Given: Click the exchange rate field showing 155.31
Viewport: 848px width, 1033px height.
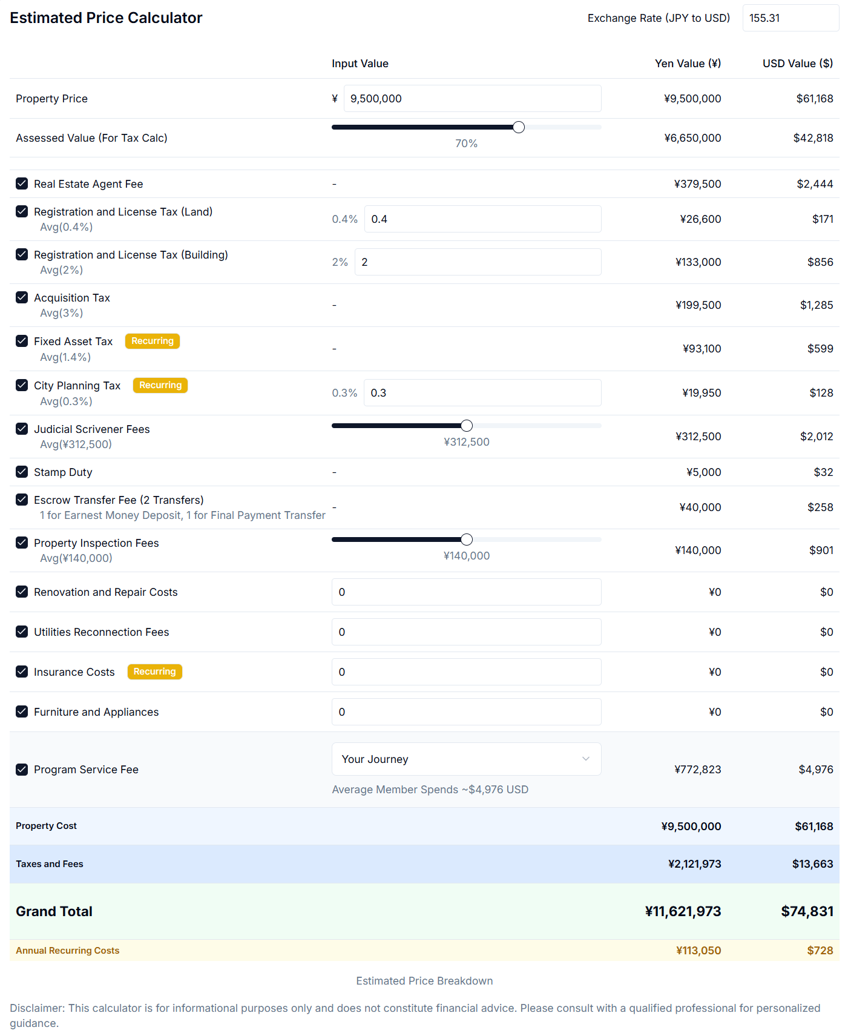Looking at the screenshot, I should pos(790,18).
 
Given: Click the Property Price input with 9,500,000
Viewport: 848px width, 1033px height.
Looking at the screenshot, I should pos(472,99).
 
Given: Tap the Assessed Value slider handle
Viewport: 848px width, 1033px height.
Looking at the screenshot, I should pos(519,127).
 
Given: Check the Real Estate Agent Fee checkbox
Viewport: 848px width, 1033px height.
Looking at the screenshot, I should pos(22,183).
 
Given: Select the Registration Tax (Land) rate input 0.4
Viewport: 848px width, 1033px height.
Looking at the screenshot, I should pos(482,219).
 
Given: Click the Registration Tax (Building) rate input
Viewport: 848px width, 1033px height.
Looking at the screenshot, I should pos(478,262).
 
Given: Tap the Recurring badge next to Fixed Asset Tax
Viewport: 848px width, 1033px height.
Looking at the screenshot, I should pos(153,341).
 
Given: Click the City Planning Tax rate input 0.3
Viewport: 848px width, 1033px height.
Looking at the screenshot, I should pos(482,393).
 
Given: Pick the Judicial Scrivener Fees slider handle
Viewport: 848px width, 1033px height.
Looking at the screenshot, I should pos(467,426).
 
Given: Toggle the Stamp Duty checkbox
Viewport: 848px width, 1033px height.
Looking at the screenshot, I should pos(22,472).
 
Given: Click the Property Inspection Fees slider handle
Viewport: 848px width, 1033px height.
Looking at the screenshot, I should pos(467,540).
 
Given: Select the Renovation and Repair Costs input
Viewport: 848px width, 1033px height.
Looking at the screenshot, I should pos(466,592).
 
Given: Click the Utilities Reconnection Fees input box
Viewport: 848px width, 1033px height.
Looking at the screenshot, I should pos(466,632).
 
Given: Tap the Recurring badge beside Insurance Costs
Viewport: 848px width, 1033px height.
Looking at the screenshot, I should pos(155,672).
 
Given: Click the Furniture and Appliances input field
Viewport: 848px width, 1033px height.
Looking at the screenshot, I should pos(466,712).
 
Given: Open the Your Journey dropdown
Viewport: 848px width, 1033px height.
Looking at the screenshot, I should pos(466,759).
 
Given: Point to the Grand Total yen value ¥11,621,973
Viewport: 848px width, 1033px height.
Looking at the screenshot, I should pos(683,911).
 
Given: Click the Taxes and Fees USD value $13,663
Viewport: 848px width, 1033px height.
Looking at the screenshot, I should pos(812,864).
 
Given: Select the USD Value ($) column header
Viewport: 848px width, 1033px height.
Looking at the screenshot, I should pos(797,64).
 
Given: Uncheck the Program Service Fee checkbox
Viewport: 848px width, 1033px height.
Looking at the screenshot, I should pos(22,770).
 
